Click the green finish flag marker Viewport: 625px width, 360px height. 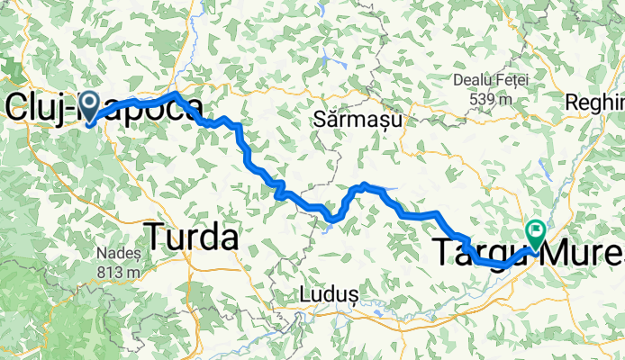click(536, 234)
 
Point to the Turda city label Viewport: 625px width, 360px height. click(191, 237)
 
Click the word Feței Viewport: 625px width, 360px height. click(511, 79)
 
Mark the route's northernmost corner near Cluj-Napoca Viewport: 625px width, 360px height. click(176, 94)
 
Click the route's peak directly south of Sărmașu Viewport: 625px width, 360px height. click(364, 185)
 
